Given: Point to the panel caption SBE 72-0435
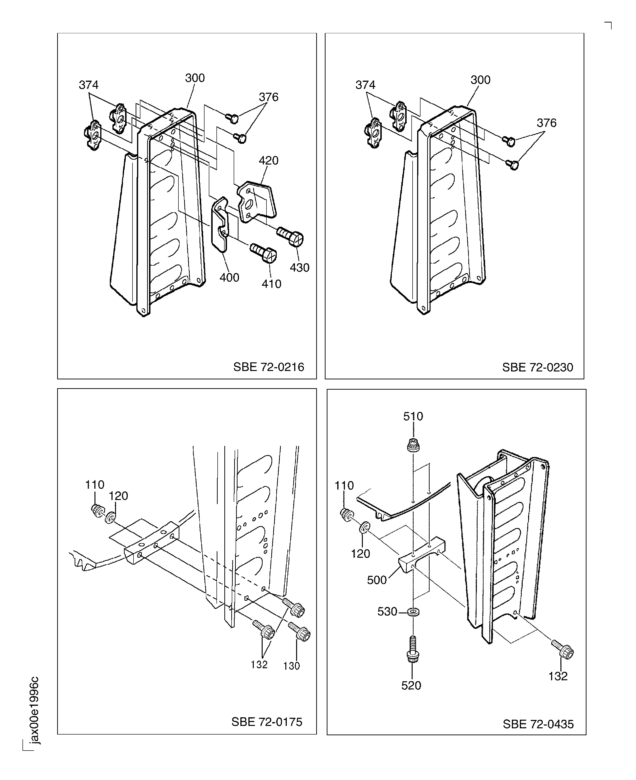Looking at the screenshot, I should pyautogui.click(x=538, y=724).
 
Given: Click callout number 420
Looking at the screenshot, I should pyautogui.click(x=269, y=161).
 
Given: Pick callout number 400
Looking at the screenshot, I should pyautogui.click(x=229, y=277).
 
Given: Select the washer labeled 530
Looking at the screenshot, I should pyautogui.click(x=413, y=612).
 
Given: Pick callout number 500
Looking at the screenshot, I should pyautogui.click(x=377, y=580).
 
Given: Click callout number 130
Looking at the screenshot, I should pyautogui.click(x=291, y=666).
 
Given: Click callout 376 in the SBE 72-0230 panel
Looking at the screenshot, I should pyautogui.click(x=546, y=123).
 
